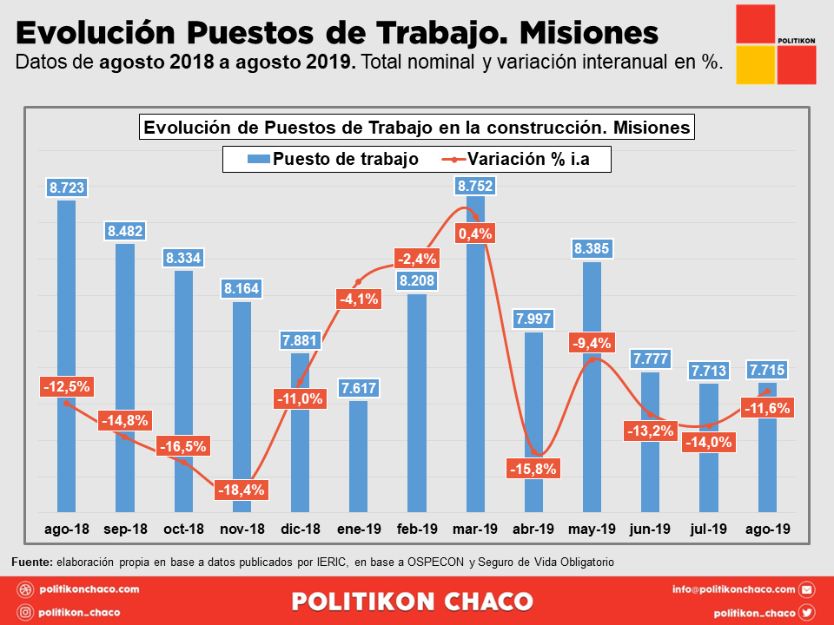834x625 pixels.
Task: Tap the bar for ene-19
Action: click(358, 456)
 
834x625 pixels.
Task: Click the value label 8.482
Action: click(126, 231)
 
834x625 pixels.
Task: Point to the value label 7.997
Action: click(533, 319)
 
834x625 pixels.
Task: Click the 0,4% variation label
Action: click(475, 233)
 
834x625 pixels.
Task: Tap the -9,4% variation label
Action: click(592, 343)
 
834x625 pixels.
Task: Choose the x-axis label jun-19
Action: click(650, 529)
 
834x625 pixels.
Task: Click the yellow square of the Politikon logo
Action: click(755, 65)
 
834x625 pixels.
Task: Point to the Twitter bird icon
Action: click(807, 612)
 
